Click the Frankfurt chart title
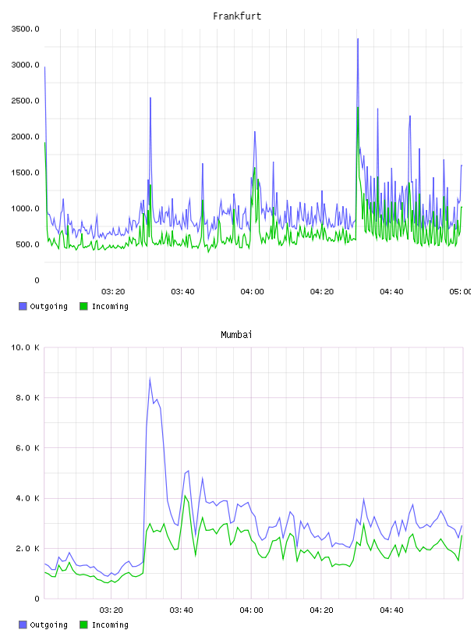pyautogui.click(x=237, y=16)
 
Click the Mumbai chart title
pyautogui.click(x=236, y=335)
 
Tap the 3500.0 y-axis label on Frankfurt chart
pyautogui.click(x=26, y=29)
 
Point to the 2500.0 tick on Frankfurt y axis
pyautogui.click(x=26, y=101)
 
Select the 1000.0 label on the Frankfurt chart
pyautogui.click(x=26, y=208)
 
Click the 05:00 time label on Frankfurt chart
pyautogui.click(x=460, y=292)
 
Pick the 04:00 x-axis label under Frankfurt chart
pyautogui.click(x=252, y=292)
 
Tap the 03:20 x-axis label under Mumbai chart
pyautogui.click(x=111, y=610)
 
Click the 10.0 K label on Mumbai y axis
pyautogui.click(x=26, y=347)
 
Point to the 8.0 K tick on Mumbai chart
pyautogui.click(x=27, y=397)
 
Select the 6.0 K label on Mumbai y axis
pyautogui.click(x=27, y=447)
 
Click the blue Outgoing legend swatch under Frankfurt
pyautogui.click(x=23, y=306)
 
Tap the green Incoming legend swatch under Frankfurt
pyautogui.click(x=83, y=306)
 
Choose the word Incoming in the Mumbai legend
pyautogui.click(x=110, y=625)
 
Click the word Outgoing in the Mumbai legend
pyautogui.click(x=48, y=625)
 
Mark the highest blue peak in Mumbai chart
pyautogui.click(x=150, y=379)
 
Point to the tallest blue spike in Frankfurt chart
pyautogui.click(x=358, y=39)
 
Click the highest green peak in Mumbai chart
pyautogui.click(x=185, y=496)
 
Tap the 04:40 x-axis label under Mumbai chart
pyautogui.click(x=391, y=610)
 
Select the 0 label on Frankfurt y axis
pyautogui.click(x=37, y=280)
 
